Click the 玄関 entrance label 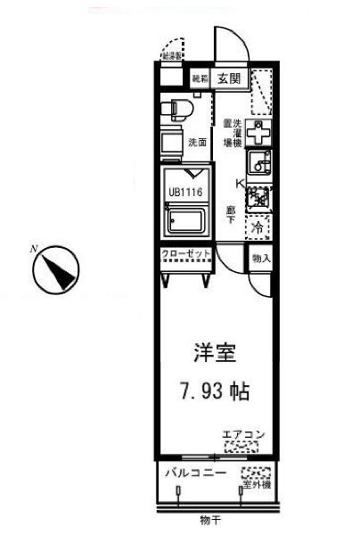(x=228, y=78)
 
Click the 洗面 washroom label (x=198, y=142)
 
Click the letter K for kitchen (x=238, y=184)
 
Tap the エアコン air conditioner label (x=243, y=434)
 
